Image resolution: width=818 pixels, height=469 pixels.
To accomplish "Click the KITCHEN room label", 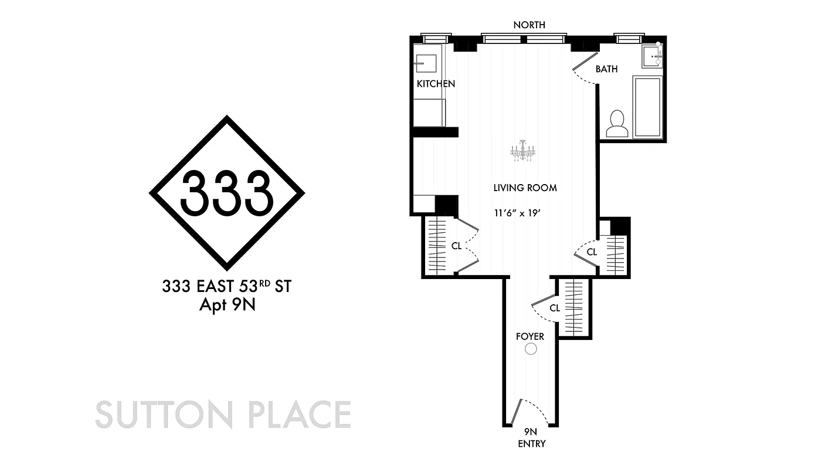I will [x=436, y=84].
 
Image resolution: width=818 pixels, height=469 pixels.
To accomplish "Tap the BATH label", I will [x=606, y=69].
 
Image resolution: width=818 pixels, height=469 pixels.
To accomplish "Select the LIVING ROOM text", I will [x=524, y=188].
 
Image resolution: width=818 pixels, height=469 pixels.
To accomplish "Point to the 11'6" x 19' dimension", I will [x=516, y=213].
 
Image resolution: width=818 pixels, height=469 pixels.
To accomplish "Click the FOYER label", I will [x=530, y=337].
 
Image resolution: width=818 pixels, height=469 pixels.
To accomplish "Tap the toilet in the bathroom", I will [x=617, y=124].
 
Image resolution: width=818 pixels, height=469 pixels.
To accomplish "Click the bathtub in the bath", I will [x=647, y=107].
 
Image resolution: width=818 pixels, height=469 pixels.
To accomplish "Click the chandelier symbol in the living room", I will [x=523, y=151].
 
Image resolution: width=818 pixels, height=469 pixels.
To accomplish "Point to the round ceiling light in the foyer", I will [x=531, y=349].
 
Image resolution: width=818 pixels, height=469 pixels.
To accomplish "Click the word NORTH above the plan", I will [x=529, y=25].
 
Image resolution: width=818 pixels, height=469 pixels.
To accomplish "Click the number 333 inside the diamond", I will [x=227, y=192].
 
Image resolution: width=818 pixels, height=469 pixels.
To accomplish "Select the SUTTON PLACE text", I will [x=223, y=414].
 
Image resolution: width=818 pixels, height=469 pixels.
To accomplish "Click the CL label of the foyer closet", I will [x=555, y=308].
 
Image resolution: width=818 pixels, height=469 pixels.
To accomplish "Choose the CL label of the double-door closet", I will [x=456, y=246].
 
